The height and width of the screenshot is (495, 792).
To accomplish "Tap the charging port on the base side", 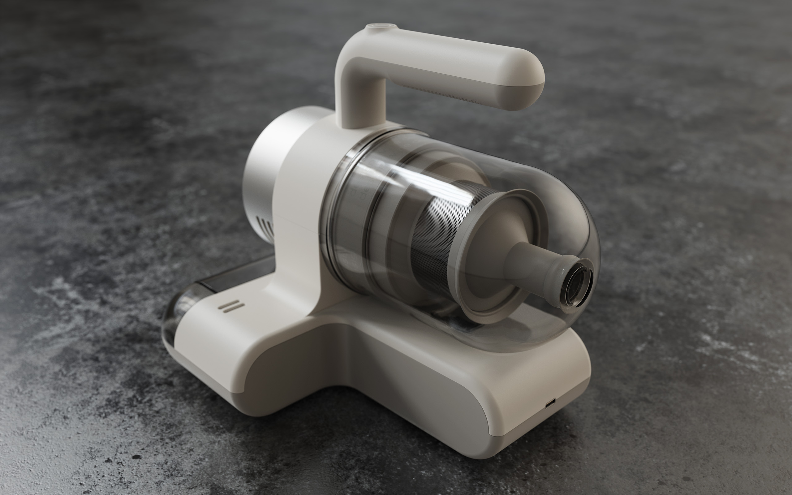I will coord(550,403).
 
